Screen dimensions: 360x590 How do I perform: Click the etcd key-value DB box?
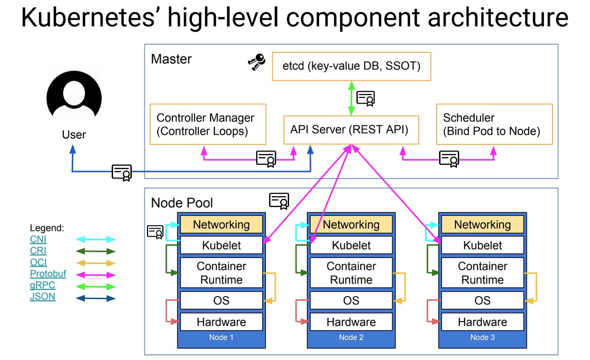pyautogui.click(x=351, y=66)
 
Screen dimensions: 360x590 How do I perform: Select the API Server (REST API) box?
pyautogui.click(x=351, y=130)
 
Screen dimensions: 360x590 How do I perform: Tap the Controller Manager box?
pyautogui.click(x=207, y=124)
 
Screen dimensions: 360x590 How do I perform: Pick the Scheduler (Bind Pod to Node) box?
pyautogui.click(x=494, y=124)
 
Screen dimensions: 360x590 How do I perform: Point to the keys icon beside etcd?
pyautogui.click(x=256, y=62)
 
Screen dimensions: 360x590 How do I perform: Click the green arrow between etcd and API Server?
pyautogui.click(x=351, y=98)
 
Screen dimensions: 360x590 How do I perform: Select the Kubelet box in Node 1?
pyautogui.click(x=221, y=245)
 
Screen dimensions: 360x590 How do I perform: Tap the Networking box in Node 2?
pyautogui.click(x=351, y=225)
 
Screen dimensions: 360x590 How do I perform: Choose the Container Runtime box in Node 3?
pyautogui.click(x=482, y=273)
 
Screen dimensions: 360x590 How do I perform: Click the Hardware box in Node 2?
pyautogui.click(x=351, y=322)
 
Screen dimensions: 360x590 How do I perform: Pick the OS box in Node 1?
pyautogui.click(x=221, y=300)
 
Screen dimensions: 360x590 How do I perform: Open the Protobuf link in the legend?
pyautogui.click(x=48, y=274)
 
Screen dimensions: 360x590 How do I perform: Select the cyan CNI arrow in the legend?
pyautogui.click(x=95, y=240)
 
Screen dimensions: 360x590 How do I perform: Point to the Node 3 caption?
pyautogui.click(x=482, y=337)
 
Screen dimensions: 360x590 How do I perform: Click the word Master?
pyautogui.click(x=171, y=59)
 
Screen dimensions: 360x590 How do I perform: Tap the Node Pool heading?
pyautogui.click(x=182, y=203)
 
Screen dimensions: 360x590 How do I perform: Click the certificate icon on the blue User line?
pyautogui.click(x=121, y=172)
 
